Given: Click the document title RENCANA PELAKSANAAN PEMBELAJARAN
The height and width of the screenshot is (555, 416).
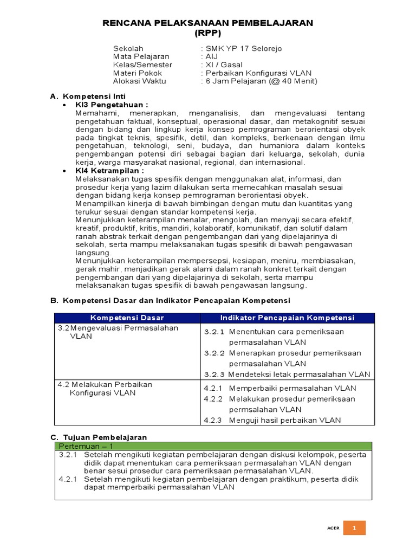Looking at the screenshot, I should [x=208, y=23].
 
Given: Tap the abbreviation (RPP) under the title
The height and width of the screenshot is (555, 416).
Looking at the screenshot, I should [x=208, y=33].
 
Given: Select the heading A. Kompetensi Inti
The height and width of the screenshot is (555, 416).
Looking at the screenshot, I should [x=88, y=96].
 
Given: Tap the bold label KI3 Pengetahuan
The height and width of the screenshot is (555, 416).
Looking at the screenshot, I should [x=112, y=105].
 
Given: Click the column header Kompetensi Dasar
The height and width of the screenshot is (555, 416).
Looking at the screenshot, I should [x=127, y=318].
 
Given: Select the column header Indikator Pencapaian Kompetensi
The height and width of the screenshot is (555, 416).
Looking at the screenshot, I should [x=287, y=318].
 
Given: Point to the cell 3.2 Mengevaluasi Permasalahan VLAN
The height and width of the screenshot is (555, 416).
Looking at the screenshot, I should [x=118, y=332].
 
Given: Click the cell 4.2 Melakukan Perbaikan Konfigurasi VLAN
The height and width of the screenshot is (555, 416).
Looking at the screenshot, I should [x=106, y=389].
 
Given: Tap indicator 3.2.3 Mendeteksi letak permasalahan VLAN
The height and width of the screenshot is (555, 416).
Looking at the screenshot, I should [x=287, y=375].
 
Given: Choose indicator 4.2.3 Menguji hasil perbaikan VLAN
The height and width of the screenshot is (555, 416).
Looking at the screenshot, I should [x=280, y=420].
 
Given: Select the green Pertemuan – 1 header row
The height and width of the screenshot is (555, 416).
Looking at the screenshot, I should [x=213, y=446].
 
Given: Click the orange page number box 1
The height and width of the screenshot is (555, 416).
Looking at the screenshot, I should [x=354, y=528].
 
